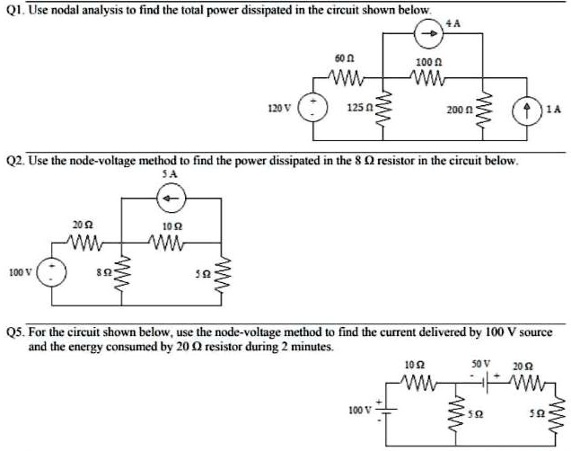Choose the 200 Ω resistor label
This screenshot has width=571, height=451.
[459, 109]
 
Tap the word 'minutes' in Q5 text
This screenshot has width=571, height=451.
[307, 344]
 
